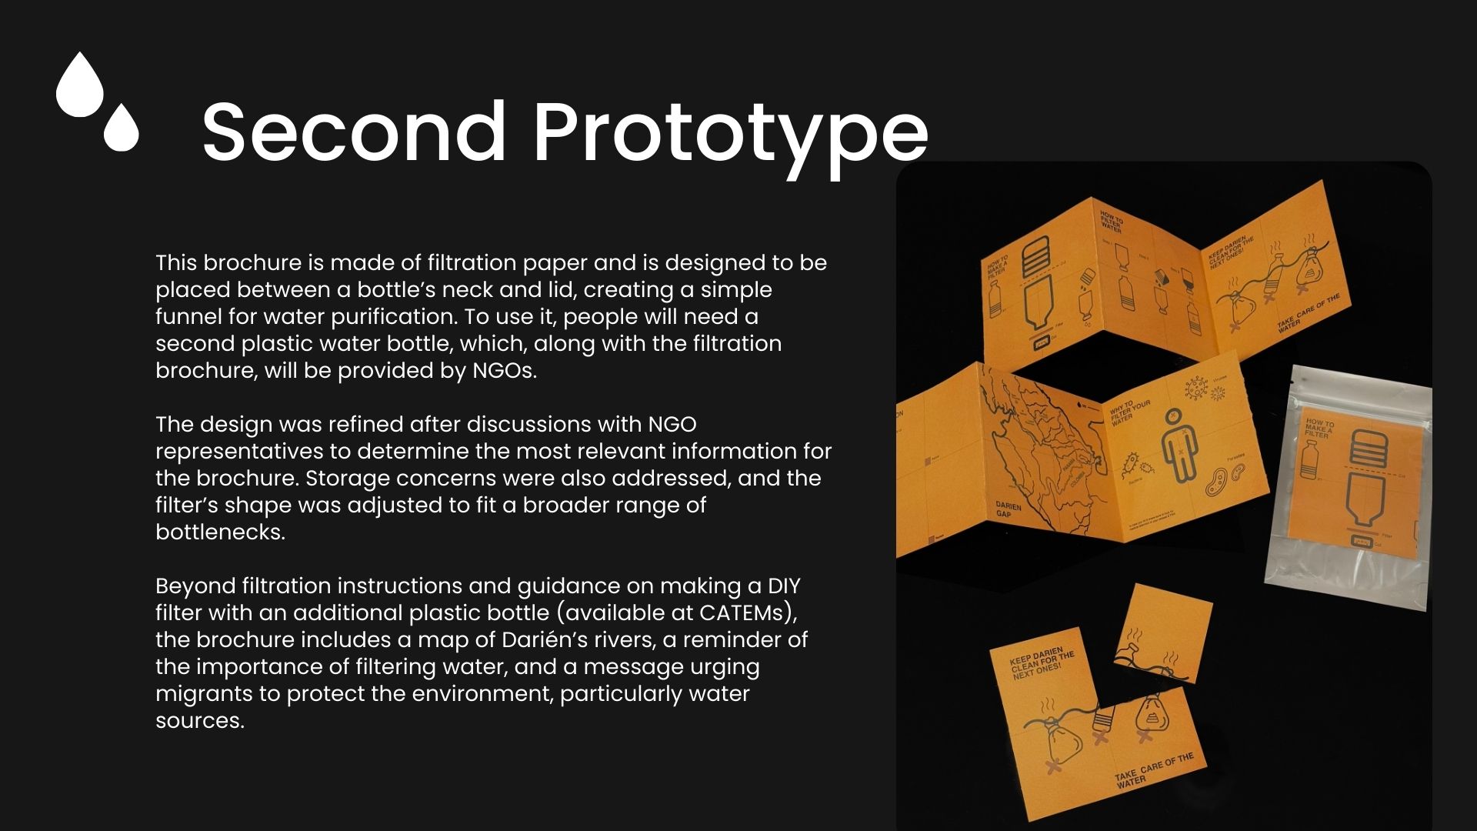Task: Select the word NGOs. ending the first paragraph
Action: click(505, 371)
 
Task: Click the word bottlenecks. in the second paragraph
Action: click(220, 532)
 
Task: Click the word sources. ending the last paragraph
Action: click(200, 721)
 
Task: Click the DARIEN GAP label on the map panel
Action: click(1009, 511)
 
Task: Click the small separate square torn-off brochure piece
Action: click(1162, 634)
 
